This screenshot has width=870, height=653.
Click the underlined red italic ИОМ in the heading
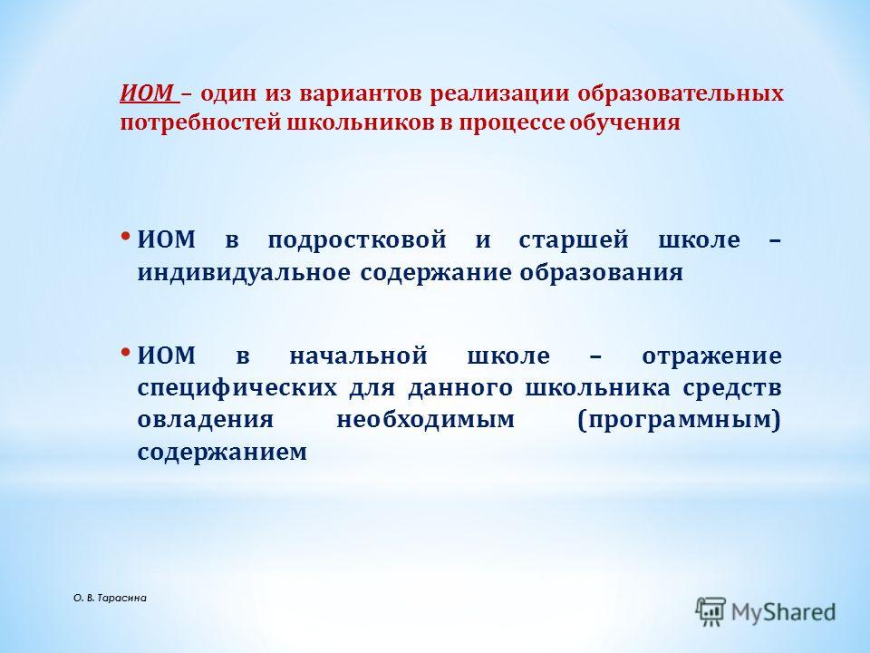148,93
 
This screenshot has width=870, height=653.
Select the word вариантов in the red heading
362,93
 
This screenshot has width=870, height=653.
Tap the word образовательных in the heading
681,93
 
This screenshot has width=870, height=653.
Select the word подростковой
357,240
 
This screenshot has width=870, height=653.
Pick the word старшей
574,240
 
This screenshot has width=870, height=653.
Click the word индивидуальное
244,273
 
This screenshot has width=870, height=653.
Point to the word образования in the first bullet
601,273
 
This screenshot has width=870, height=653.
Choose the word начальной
359,356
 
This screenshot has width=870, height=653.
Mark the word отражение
712,356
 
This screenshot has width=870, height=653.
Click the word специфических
237,387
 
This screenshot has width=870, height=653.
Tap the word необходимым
426,420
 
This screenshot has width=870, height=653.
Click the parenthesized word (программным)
679,420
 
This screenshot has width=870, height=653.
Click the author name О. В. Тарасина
110,599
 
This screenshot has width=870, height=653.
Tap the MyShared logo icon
710,612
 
